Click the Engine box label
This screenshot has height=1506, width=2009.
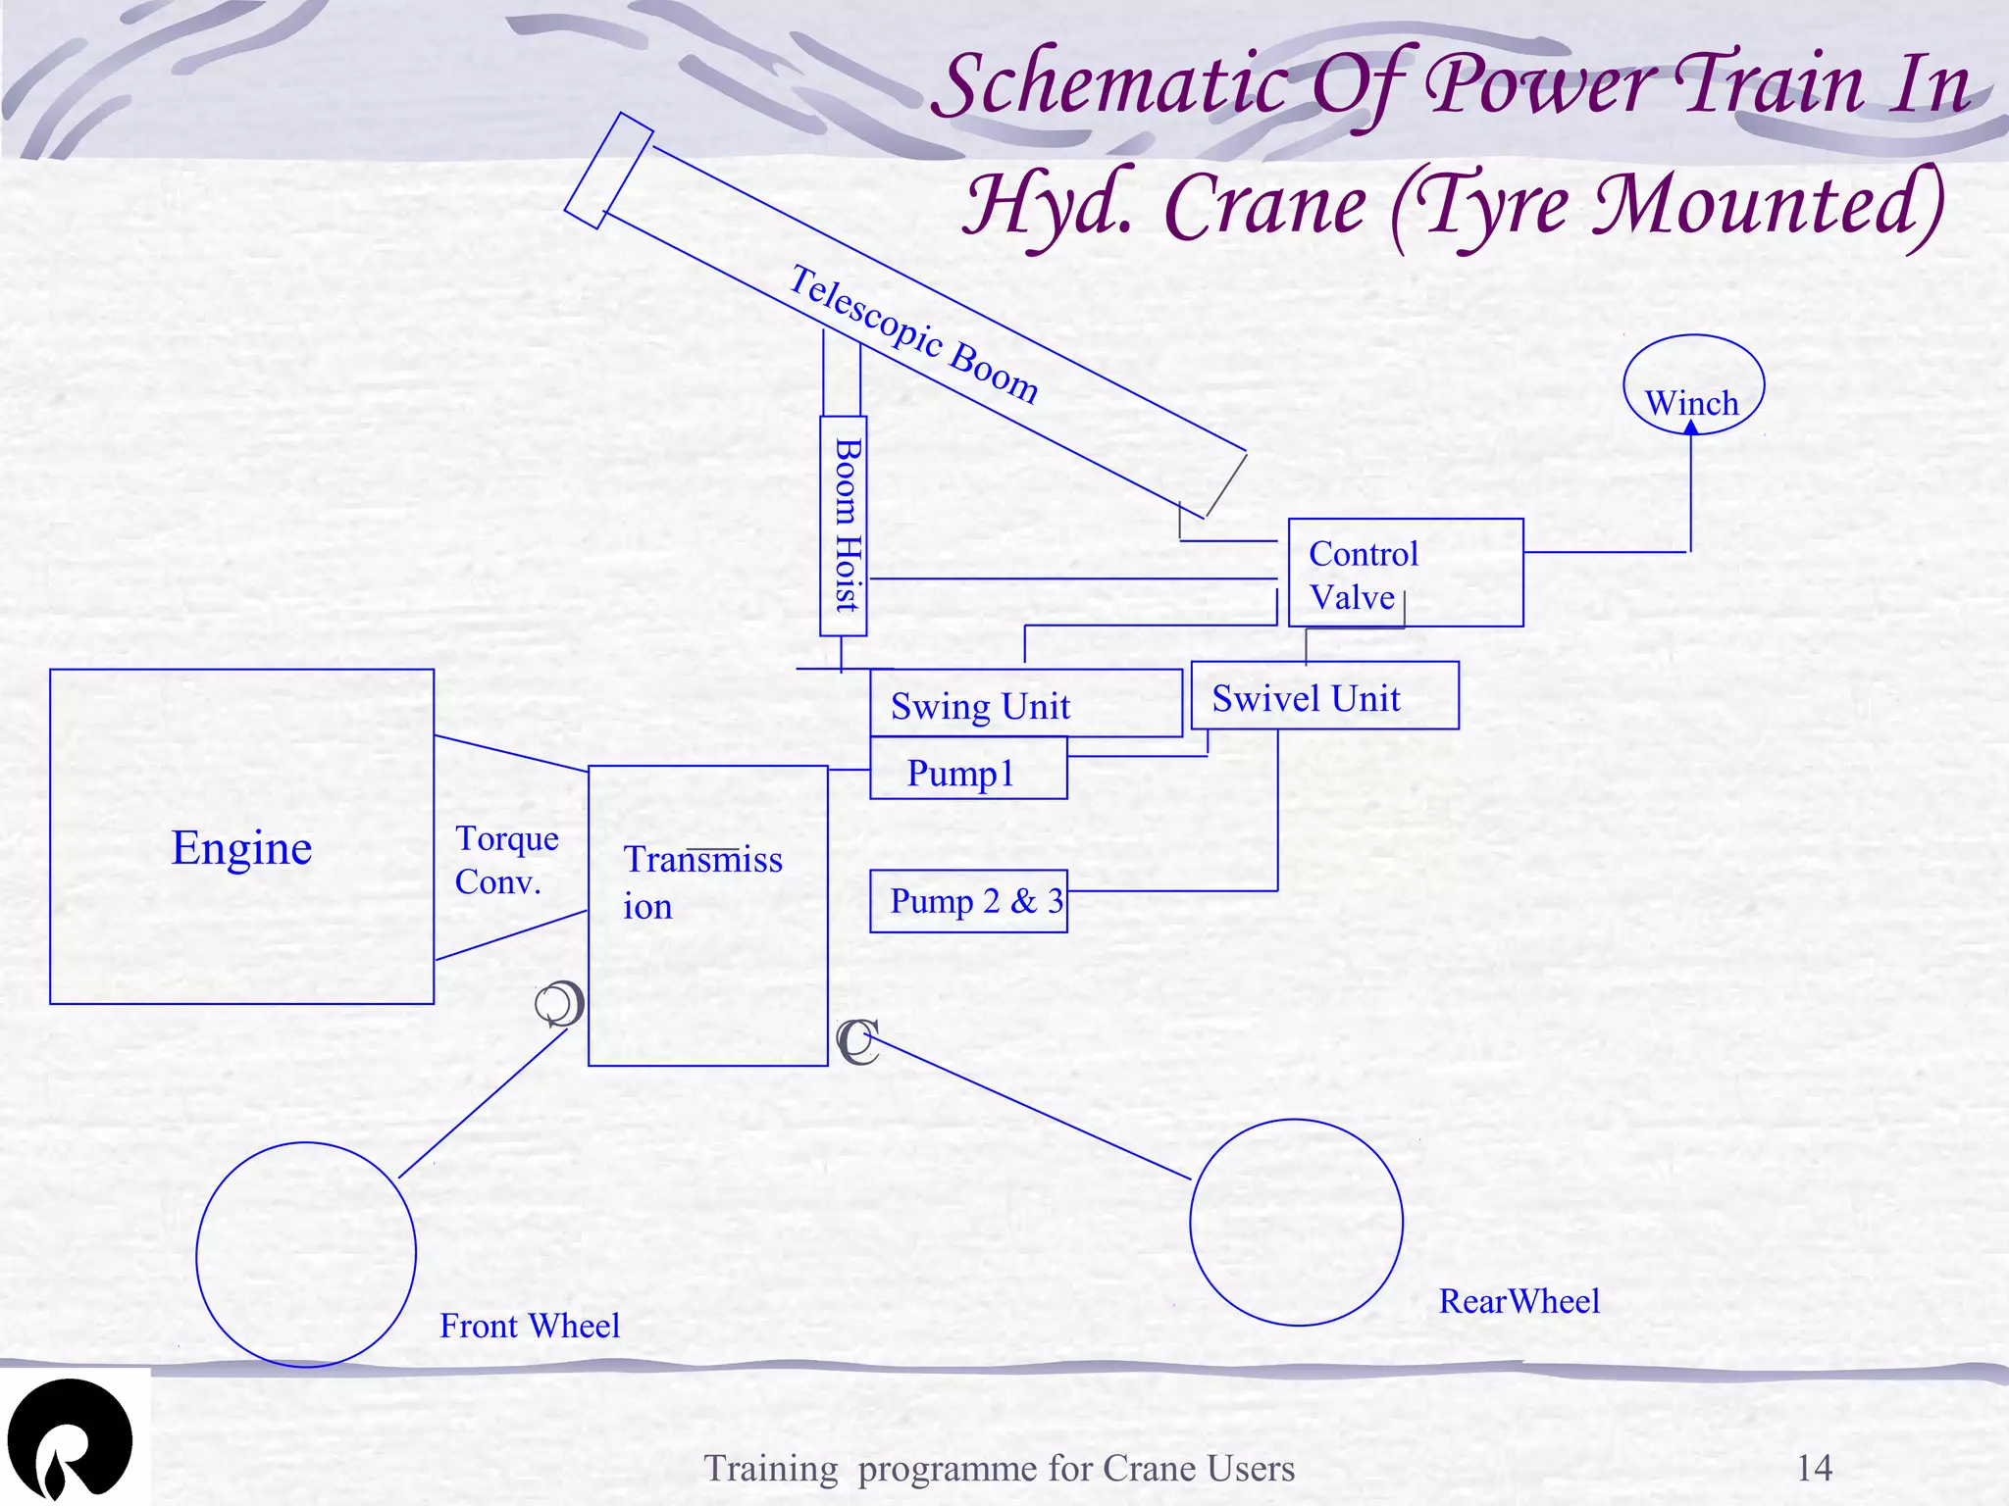241,848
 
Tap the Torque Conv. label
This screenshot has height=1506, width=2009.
506,861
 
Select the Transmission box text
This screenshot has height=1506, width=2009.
702,882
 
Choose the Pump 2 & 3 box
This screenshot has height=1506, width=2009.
967,901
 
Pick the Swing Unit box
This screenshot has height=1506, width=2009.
1025,704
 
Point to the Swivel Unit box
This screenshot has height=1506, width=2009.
1324,696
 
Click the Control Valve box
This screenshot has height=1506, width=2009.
1405,573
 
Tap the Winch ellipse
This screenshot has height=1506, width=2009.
1693,384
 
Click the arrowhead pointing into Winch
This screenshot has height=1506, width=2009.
1691,427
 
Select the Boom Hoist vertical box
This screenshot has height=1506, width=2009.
844,526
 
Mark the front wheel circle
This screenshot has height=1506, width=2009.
306,1254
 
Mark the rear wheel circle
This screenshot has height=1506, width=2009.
1296,1222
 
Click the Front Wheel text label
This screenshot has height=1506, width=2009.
530,1327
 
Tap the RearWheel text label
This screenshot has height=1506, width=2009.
1519,1302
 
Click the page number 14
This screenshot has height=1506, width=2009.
1814,1468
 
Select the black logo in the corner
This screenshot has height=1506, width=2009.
69,1438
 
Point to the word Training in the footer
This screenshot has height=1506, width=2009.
771,1469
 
